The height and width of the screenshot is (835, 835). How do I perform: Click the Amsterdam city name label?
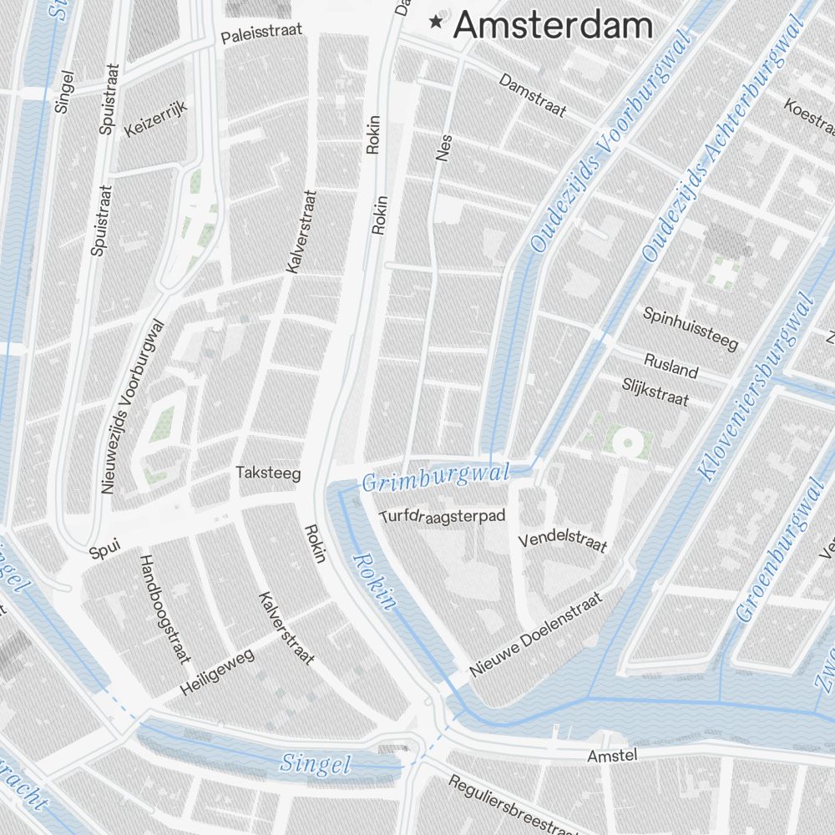click(552, 25)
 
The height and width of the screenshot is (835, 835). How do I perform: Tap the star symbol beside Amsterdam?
click(435, 22)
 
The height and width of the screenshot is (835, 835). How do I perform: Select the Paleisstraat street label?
click(261, 33)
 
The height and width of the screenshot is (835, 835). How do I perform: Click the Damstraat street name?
click(533, 95)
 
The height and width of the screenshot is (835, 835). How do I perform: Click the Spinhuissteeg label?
click(691, 327)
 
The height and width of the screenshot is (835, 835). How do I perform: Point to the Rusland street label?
click(671, 365)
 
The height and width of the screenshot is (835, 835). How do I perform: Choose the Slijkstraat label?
click(655, 391)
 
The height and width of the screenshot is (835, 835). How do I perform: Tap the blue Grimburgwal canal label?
click(435, 478)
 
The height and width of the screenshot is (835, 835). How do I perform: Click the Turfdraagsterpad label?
click(443, 516)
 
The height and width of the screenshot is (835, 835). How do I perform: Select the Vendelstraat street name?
click(562, 540)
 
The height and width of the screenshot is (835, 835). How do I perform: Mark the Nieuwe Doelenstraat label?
click(535, 635)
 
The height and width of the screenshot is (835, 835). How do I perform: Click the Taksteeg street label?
click(267, 473)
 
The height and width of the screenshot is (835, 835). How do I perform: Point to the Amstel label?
click(612, 756)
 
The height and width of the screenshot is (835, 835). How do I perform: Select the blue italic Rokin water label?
click(373, 582)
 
